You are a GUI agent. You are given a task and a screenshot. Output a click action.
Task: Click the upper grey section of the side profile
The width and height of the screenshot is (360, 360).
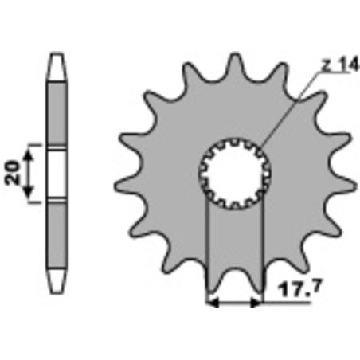coord(57,112)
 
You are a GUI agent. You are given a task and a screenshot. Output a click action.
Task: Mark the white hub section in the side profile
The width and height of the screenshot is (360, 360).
coord(57,174)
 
